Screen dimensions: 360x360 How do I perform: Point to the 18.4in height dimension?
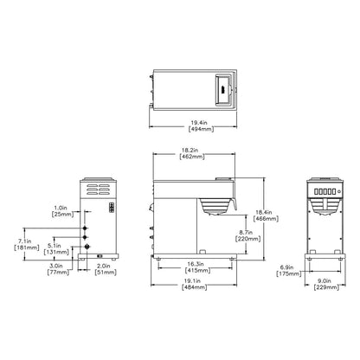coord(267,211)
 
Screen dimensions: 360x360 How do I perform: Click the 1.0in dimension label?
coord(57,208)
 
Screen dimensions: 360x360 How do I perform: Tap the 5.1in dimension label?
coord(55,244)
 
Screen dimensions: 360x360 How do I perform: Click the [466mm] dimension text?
coord(267,219)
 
